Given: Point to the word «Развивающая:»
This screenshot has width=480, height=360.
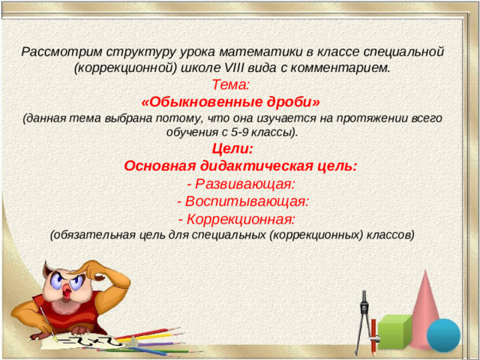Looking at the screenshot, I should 244,184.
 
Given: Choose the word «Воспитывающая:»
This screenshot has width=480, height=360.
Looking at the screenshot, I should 247,202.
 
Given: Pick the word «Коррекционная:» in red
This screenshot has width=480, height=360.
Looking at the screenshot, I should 240,219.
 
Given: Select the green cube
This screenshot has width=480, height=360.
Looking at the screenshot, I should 394,331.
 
